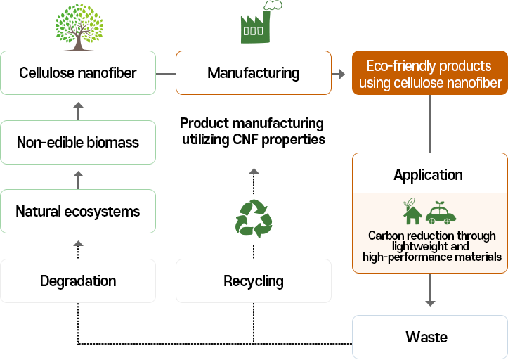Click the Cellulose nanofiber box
point(78,72)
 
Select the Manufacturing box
point(253,72)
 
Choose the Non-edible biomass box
point(78,142)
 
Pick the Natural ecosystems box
point(78,212)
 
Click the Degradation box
point(78,281)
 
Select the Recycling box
point(253,281)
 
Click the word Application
point(428,175)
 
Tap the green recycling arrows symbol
point(253,217)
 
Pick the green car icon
point(441,212)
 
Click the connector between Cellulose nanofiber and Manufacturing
point(165,73)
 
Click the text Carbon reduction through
point(431,236)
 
